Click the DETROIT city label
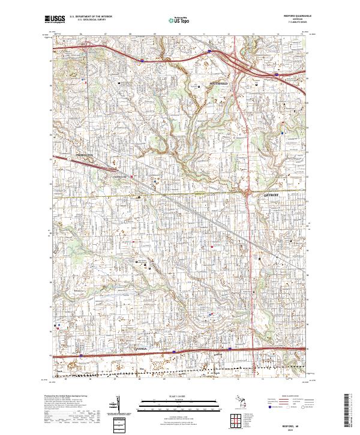272,195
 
